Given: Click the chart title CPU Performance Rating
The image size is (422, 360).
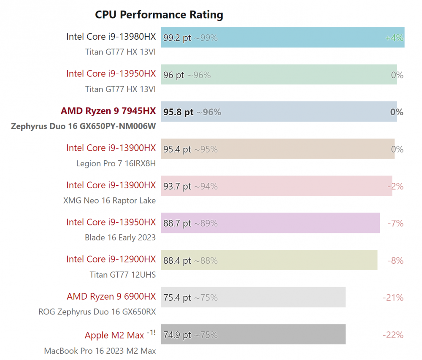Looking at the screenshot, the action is (x=159, y=15).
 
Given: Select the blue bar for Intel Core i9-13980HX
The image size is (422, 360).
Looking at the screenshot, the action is (x=283, y=38).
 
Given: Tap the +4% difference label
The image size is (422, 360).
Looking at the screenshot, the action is (x=394, y=38).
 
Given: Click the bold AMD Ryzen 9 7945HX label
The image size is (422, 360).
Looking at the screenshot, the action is (x=108, y=111).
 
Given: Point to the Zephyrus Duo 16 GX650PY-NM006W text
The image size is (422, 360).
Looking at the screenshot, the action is (x=84, y=126).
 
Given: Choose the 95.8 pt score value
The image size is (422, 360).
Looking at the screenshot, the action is (x=178, y=112).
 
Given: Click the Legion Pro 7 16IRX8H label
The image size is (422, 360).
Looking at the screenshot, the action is (x=116, y=163).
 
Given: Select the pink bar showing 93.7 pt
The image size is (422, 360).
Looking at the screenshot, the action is (x=277, y=186).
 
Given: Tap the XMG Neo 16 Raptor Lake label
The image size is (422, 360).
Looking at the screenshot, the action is (x=110, y=200).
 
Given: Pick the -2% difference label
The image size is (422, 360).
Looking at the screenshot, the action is (x=395, y=186).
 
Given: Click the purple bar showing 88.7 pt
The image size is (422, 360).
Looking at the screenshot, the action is (x=271, y=223).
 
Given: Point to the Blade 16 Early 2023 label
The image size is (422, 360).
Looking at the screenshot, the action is (x=120, y=238).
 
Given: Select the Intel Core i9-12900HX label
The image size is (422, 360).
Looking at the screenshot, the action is (x=111, y=259).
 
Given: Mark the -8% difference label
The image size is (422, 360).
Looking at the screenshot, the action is (x=395, y=260).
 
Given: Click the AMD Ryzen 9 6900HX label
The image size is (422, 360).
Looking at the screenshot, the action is (x=111, y=296).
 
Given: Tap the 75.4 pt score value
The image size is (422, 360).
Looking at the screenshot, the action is (x=177, y=298).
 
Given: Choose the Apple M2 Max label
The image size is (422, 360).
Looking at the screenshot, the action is (x=114, y=335).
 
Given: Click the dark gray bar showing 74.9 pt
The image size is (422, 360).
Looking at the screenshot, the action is (x=253, y=334).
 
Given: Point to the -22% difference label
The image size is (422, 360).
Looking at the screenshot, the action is (x=393, y=335).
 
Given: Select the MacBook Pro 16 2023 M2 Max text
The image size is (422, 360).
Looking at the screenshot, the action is (x=100, y=351).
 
